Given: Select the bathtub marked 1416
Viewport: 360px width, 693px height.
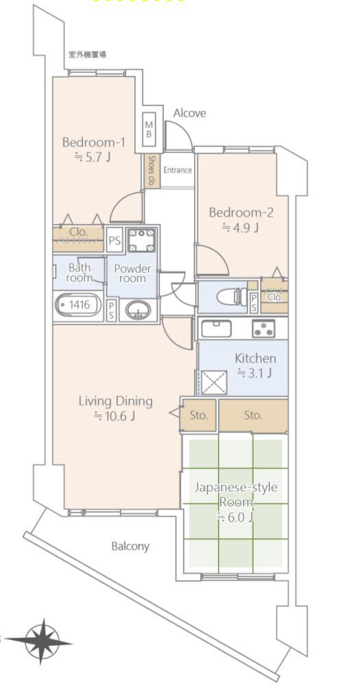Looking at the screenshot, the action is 78,304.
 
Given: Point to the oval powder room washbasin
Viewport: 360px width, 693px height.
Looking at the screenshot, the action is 138,310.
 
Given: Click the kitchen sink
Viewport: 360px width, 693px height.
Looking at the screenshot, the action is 216,329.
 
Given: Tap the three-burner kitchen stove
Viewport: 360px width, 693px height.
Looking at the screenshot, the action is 263,328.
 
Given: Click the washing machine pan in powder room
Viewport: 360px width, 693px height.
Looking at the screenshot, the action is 142,240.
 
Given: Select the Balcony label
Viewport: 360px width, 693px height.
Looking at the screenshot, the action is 130,546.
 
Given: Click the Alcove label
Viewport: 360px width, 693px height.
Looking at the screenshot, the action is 189,113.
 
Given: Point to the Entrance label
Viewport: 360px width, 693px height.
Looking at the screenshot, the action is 178,170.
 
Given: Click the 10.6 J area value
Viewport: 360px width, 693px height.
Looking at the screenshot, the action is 115,416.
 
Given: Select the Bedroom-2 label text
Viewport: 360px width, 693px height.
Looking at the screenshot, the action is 241,213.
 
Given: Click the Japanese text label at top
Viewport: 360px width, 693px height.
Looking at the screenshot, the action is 87,55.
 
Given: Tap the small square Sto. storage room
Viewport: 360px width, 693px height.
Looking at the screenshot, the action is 198,415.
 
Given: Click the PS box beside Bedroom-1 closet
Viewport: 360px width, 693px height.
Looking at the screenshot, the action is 115,241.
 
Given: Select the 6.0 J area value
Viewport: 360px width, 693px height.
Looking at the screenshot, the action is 235,518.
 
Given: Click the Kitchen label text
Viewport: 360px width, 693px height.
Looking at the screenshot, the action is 255,358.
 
